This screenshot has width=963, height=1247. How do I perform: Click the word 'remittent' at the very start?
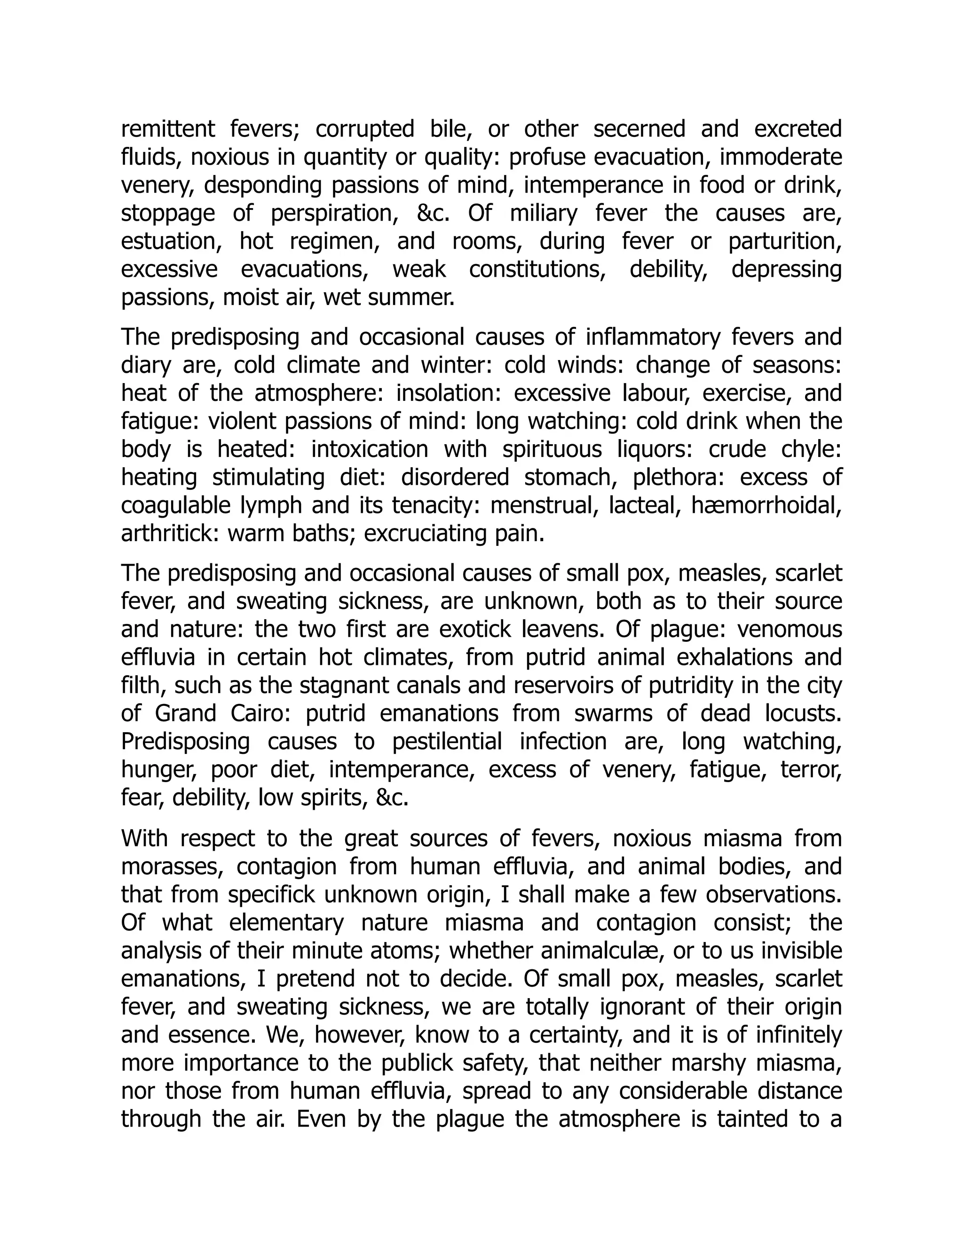[x=168, y=129]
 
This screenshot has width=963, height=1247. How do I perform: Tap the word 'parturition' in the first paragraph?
[x=784, y=242]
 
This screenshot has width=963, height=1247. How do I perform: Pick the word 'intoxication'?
[x=369, y=450]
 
